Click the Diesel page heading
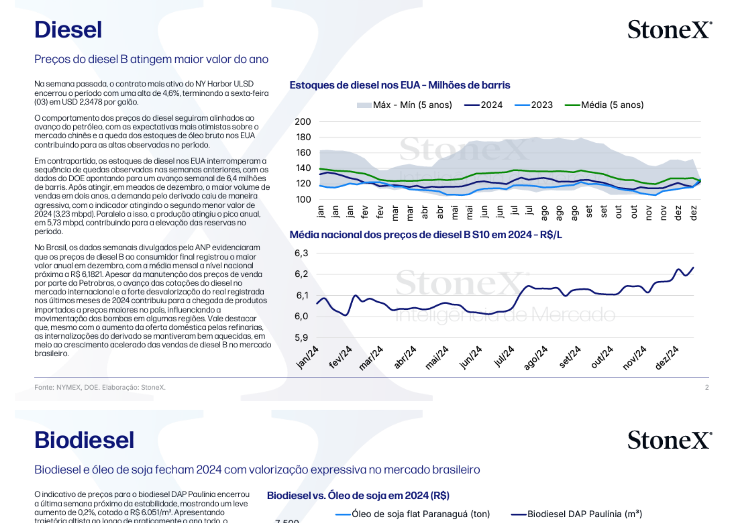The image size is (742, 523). coord(68,30)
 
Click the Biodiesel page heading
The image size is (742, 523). coord(84,440)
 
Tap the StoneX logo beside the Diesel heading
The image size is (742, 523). coord(670,30)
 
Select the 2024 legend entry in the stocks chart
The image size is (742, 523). coord(484,105)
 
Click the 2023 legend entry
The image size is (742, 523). coord(534,105)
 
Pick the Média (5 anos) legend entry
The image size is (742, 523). coord(604,105)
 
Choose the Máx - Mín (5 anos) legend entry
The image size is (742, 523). coord(404,105)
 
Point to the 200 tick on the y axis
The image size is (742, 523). coord(303,122)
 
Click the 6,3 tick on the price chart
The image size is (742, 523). coord(301,253)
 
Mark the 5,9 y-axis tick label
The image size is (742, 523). coord(301,338)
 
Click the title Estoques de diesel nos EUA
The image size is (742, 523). coord(400,85)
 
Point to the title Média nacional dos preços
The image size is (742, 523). coord(425,235)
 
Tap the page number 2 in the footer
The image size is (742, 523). coord(707,387)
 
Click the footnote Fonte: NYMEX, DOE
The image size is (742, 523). coord(100,387)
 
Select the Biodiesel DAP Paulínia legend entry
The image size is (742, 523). coord(576,514)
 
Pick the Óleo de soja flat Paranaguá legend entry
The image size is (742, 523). coord(413,514)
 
